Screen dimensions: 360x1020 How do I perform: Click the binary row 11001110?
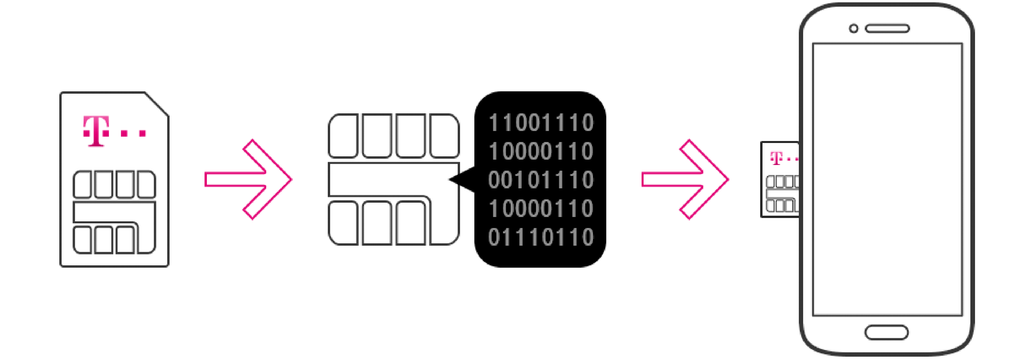(x=541, y=122)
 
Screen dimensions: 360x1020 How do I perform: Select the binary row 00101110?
(x=541, y=180)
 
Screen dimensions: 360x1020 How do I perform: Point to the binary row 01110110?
(x=541, y=237)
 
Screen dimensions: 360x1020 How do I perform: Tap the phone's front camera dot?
(x=854, y=29)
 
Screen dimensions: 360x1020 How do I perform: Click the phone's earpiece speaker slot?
(x=887, y=29)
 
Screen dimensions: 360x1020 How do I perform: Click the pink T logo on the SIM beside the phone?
(x=776, y=158)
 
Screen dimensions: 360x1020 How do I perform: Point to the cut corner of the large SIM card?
(x=157, y=104)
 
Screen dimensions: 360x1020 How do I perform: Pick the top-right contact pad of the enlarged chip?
(x=444, y=136)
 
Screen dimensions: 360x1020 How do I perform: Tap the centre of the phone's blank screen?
(x=887, y=179)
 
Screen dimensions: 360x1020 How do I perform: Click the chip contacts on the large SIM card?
(x=115, y=212)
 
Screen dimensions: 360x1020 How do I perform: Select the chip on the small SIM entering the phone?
(x=782, y=194)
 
